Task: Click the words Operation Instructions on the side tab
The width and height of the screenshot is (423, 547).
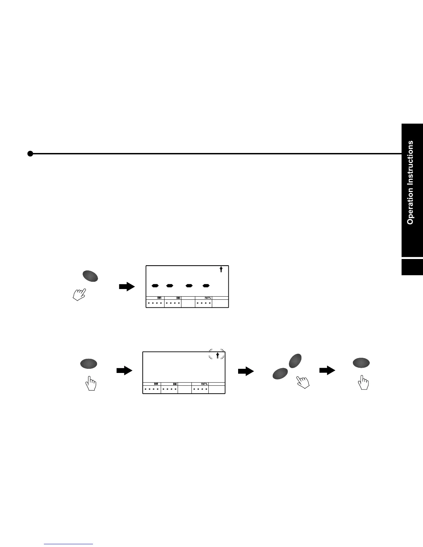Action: pyautogui.click(x=410, y=182)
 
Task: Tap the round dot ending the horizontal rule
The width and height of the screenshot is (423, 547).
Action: pyautogui.click(x=30, y=154)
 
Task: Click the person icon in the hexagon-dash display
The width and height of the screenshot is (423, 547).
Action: pyautogui.click(x=221, y=270)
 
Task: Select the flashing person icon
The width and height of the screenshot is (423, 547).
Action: pyautogui.click(x=217, y=356)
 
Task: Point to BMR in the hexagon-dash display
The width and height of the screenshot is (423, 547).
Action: pyautogui.click(x=159, y=298)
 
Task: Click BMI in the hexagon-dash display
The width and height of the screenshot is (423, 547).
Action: pyautogui.click(x=178, y=298)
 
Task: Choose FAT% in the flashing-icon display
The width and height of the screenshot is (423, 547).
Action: pyautogui.click(x=204, y=384)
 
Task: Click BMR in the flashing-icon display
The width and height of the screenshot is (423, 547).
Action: pyautogui.click(x=156, y=384)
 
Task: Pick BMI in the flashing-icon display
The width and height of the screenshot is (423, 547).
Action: pyautogui.click(x=175, y=384)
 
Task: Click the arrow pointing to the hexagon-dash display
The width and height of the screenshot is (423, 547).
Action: pyautogui.click(x=127, y=286)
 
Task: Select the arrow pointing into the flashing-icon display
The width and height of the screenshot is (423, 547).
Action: pyautogui.click(x=124, y=371)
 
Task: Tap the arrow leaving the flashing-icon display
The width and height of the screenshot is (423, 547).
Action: pyautogui.click(x=246, y=372)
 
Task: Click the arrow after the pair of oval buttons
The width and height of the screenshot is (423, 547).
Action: pyautogui.click(x=327, y=371)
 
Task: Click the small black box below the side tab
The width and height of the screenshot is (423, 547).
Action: pyautogui.click(x=412, y=267)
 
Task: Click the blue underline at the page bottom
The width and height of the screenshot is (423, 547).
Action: pyautogui.click(x=69, y=544)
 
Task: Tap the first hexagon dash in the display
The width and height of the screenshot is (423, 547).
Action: pyautogui.click(x=155, y=286)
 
